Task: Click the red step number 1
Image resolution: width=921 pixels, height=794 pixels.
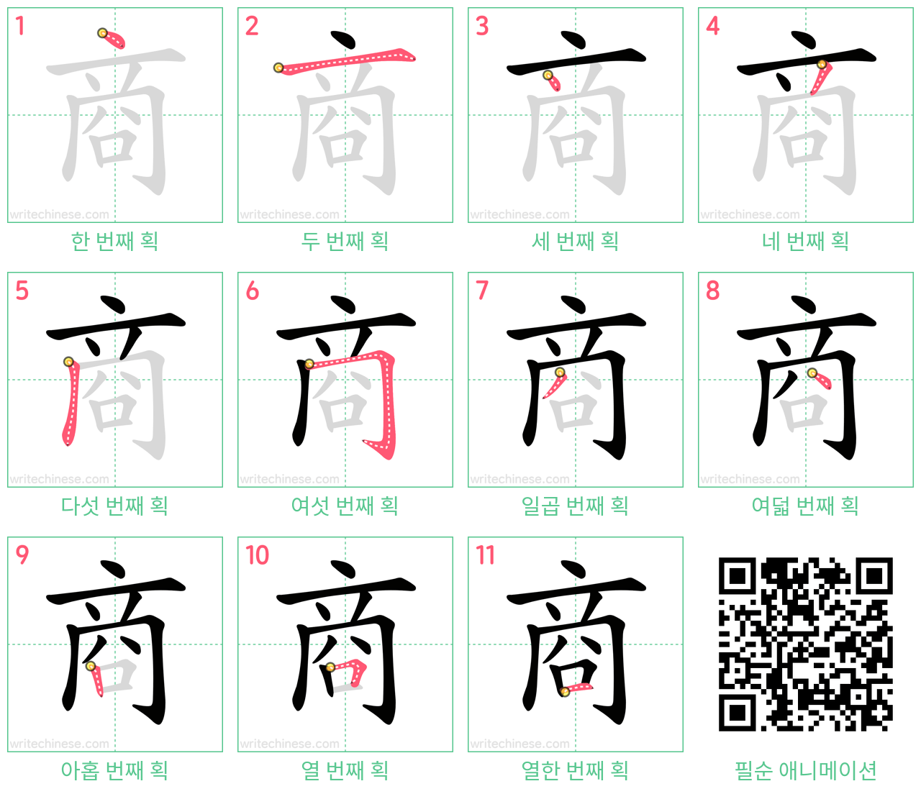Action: [x=19, y=26]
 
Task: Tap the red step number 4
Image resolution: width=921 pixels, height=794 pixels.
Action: [x=712, y=26]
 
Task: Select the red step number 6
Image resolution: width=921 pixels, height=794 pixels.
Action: [x=252, y=291]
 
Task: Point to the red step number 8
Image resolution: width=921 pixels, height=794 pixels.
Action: [x=712, y=291]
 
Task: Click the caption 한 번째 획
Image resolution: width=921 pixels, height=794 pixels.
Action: [x=115, y=242]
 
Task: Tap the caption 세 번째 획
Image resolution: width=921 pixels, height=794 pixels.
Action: [x=575, y=242]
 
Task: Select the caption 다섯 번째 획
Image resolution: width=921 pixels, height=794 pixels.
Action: [x=115, y=506]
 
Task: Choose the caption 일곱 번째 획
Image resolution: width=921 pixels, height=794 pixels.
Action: [x=575, y=506]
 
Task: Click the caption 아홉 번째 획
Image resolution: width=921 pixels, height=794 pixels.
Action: [x=115, y=770]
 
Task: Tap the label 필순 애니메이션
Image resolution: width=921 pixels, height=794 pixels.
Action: [x=806, y=770]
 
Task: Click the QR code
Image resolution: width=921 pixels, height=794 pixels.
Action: [x=806, y=644]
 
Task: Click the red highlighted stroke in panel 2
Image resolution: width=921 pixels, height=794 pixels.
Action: [x=345, y=60]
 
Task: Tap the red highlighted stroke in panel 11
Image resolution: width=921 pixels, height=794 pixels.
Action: [x=576, y=688]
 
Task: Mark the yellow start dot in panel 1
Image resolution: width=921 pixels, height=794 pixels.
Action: [x=102, y=32]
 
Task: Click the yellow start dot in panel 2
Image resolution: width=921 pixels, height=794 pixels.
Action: [x=278, y=68]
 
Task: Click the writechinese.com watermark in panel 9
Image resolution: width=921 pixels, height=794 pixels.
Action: [x=59, y=743]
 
